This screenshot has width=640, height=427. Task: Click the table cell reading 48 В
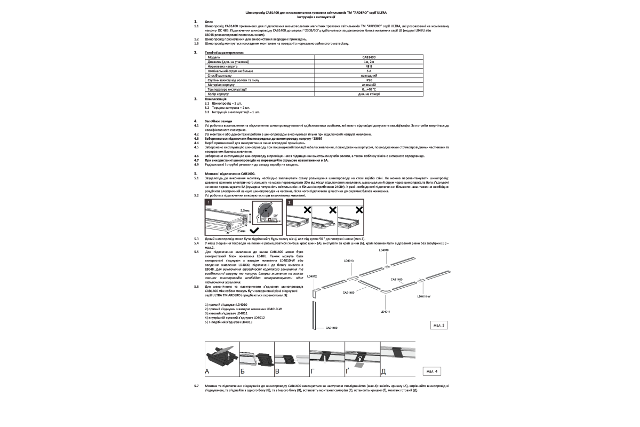click(x=369, y=66)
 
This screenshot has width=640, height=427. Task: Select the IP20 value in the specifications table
click(x=369, y=80)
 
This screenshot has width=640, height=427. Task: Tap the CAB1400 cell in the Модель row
click(x=369, y=57)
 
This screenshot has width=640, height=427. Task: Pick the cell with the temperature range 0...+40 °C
click(x=369, y=89)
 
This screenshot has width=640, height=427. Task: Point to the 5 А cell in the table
click(x=369, y=70)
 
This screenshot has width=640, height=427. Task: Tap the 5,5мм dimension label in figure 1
click(x=245, y=211)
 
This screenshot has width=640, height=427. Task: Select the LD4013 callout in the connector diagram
click(x=349, y=260)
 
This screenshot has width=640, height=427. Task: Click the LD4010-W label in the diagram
click(x=424, y=296)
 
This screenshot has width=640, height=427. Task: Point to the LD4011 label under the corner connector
click(x=386, y=311)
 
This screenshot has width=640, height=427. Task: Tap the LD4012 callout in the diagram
click(x=313, y=276)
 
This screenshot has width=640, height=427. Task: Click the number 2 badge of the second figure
click(x=290, y=203)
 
